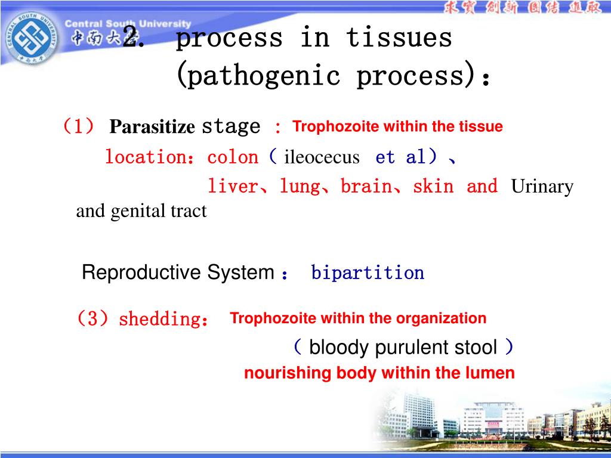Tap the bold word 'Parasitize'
[x=152, y=127]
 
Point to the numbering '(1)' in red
[x=78, y=126]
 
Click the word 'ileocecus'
[x=322, y=157]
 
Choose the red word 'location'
[x=145, y=157]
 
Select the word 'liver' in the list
[x=232, y=187]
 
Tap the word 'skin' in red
[x=433, y=187]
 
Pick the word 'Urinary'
[x=542, y=187]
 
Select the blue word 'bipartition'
[x=368, y=273]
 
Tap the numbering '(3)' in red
[x=93, y=319]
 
